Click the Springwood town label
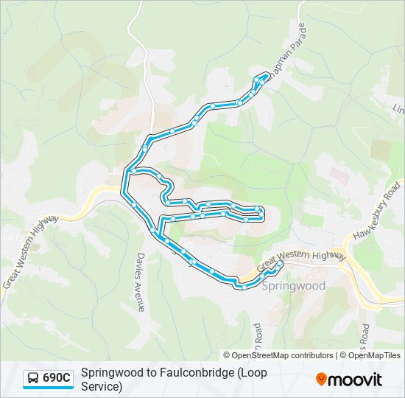click(x=293, y=285)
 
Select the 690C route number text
click(x=57, y=379)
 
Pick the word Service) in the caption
click(x=102, y=386)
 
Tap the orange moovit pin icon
click(x=321, y=380)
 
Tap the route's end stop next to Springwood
click(x=279, y=263)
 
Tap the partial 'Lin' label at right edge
click(x=398, y=110)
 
